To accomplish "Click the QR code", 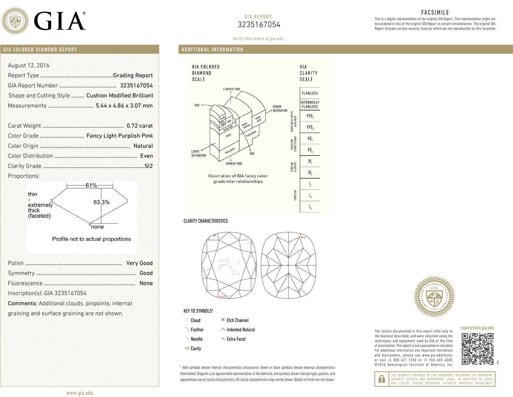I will coord(477,349).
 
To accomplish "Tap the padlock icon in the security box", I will coord(382,379).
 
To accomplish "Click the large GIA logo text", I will coord(60,21).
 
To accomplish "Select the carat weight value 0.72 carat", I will coord(140,126).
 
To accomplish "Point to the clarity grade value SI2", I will coord(148,166).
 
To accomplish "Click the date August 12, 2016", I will coord(29,65).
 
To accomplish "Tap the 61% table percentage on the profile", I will coord(91,185).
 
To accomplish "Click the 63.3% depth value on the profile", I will coord(101,202).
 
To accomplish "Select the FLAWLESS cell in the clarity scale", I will coord(310,93).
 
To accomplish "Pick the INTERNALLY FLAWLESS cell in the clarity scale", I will coord(310,104).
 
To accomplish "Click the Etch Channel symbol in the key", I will coord(223,320).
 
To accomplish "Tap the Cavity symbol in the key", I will coord(187,348).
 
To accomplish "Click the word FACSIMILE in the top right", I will coord(435,12).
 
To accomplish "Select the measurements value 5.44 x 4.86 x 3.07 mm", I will coord(124,106).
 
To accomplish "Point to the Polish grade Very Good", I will coord(139,263).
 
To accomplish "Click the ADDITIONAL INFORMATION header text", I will coord(212,50).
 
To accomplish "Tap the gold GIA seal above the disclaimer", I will coord(434,296).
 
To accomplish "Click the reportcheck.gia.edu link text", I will coord(477,328).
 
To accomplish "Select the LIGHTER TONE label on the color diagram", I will coord(231,89).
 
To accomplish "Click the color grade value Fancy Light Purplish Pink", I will coord(120,136).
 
